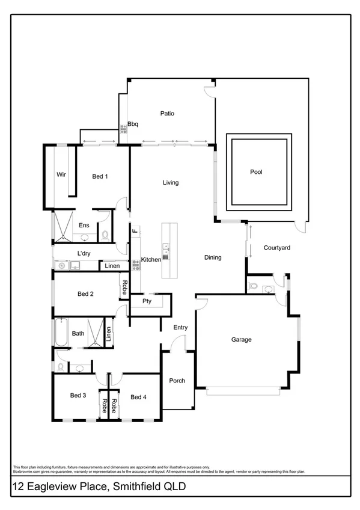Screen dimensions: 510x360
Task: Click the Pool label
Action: pyautogui.click(x=257, y=172)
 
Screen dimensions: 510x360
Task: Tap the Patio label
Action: pyautogui.click(x=167, y=113)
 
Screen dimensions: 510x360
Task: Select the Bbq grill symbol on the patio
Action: pyautogui.click(x=123, y=127)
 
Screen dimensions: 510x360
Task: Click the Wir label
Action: pyautogui.click(x=61, y=174)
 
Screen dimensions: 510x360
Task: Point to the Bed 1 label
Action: pyautogui.click(x=100, y=176)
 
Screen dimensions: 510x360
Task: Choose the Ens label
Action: pyautogui.click(x=84, y=226)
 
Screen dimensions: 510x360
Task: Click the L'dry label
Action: pyautogui.click(x=84, y=253)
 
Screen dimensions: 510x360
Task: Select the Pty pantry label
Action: pyautogui.click(x=146, y=301)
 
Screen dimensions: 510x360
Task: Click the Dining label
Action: pyautogui.click(x=213, y=257)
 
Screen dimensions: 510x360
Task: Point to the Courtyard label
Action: pyautogui.click(x=277, y=247)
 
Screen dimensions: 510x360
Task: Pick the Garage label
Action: pyautogui.click(x=241, y=339)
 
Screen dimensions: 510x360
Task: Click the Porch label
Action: pyautogui.click(x=177, y=381)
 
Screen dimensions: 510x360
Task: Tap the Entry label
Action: pyautogui.click(x=180, y=327)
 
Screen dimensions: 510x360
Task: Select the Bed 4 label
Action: pyautogui.click(x=138, y=397)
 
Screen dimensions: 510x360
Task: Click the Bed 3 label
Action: pyautogui.click(x=78, y=395)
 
